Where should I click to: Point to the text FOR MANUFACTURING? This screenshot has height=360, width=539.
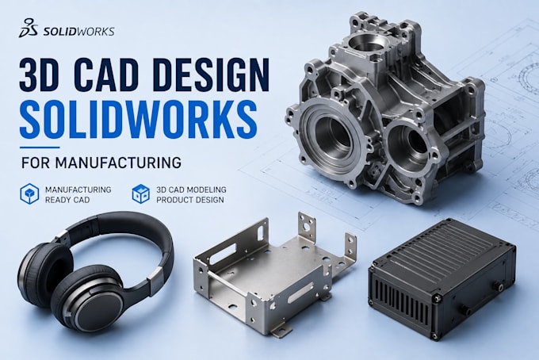[101, 163]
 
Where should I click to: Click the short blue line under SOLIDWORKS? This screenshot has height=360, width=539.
[40, 147]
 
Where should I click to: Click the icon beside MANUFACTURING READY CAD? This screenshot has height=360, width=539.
[29, 194]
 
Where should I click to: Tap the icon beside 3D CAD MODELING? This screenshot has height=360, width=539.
[141, 194]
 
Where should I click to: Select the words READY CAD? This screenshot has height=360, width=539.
[67, 200]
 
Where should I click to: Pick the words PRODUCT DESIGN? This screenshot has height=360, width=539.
[190, 200]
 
